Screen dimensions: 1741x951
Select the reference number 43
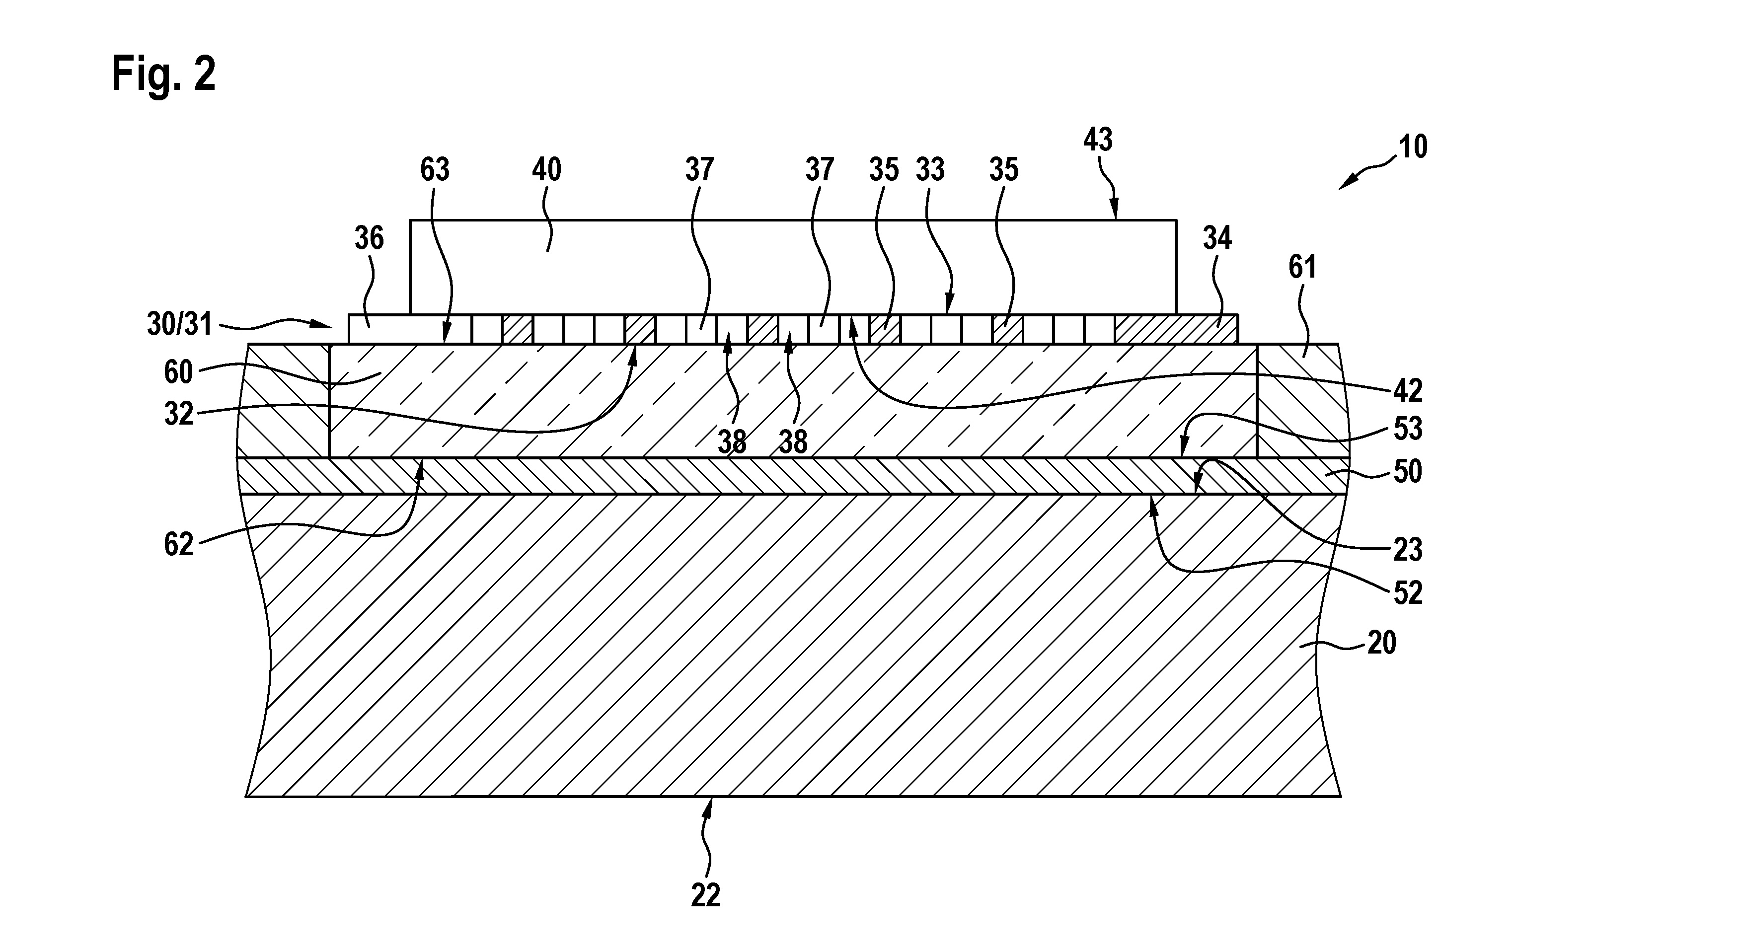point(1098,140)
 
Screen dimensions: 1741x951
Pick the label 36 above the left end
point(369,238)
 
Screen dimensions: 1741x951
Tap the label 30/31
point(180,324)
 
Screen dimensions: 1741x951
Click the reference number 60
point(178,372)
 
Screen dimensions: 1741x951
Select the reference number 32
point(178,414)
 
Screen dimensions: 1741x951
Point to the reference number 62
point(178,545)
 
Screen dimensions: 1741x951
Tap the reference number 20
point(1381,643)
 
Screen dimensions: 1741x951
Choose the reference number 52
point(1408,593)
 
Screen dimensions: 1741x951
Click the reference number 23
point(1408,550)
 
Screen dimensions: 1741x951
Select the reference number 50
point(1408,472)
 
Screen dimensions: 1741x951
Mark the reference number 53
point(1408,429)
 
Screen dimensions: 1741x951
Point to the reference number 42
point(1408,391)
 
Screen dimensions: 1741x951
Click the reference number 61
point(1302,268)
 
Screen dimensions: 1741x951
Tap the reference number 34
point(1217,238)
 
